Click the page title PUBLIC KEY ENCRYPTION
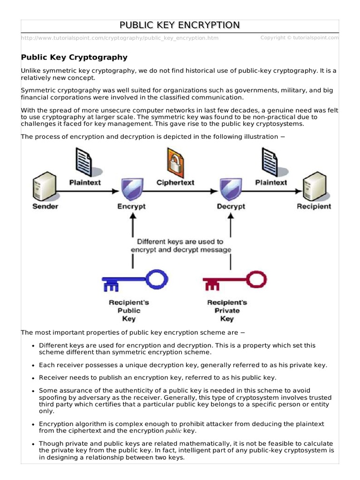[180, 25]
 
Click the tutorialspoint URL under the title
[120, 38]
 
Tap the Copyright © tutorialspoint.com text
[299, 37]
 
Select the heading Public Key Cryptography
[74, 57]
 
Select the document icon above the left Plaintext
[84, 162]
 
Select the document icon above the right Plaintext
[270, 162]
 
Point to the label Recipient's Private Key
[227, 311]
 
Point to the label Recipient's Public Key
[128, 311]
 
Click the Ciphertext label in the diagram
[175, 182]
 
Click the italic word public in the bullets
[173, 431]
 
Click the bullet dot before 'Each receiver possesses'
[33, 365]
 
